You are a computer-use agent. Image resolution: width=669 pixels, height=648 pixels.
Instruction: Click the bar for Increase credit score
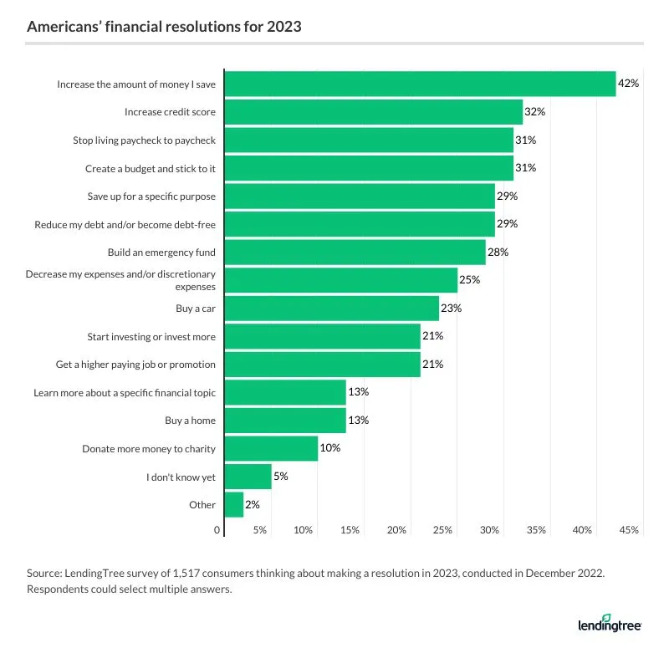tap(374, 112)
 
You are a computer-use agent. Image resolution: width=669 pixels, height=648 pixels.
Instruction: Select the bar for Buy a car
tap(332, 309)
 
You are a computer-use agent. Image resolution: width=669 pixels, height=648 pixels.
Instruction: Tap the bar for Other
tap(234, 505)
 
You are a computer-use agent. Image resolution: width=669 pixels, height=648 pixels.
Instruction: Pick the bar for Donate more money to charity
tap(272, 449)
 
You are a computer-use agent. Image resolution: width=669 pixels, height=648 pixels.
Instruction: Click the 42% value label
tap(628, 84)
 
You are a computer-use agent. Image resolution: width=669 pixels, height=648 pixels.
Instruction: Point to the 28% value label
tap(498, 252)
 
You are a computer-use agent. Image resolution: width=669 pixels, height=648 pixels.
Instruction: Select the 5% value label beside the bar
tap(282, 477)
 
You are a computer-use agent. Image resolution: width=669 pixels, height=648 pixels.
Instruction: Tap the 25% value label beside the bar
tap(470, 280)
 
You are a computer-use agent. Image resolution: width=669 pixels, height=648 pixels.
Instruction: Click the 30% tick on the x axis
tap(490, 530)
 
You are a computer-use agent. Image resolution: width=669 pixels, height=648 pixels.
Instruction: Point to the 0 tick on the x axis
tap(219, 530)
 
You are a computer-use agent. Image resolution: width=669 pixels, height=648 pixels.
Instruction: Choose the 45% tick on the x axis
tap(630, 530)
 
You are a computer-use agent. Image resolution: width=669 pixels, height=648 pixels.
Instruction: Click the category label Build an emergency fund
tap(161, 252)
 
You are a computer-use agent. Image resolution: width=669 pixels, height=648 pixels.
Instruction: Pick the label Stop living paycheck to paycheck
tap(144, 140)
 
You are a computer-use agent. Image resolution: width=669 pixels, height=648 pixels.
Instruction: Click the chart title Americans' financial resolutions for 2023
tap(164, 27)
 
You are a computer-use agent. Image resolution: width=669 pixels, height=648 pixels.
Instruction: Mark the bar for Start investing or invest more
tap(323, 336)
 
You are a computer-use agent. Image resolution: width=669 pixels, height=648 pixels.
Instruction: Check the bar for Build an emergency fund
tap(355, 252)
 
